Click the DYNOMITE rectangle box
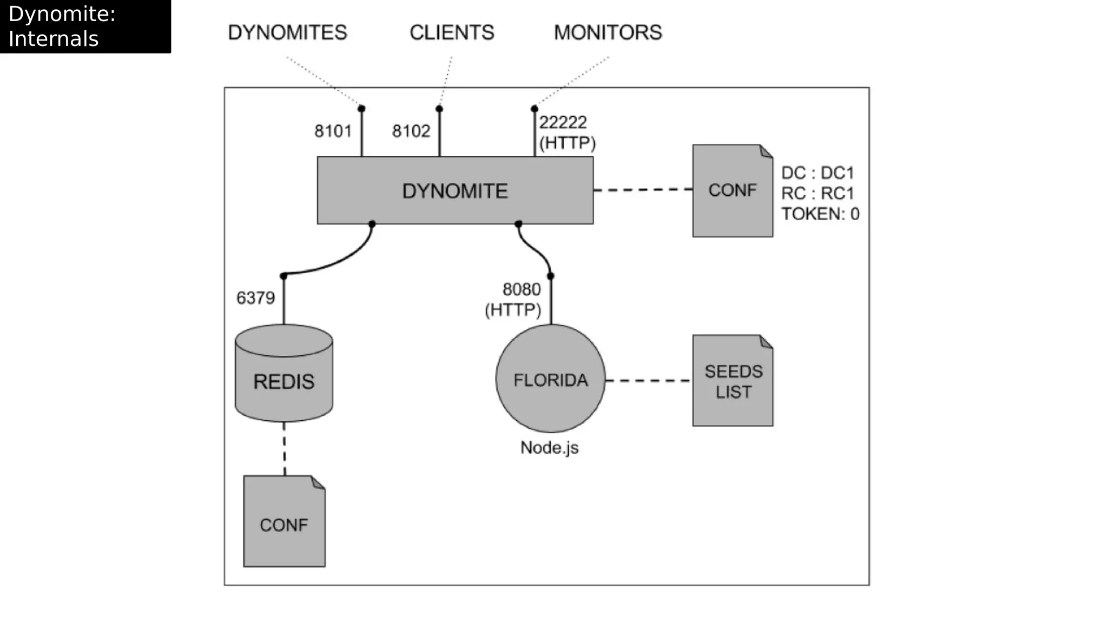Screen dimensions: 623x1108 click(x=455, y=190)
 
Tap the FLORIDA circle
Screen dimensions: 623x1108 click(x=550, y=379)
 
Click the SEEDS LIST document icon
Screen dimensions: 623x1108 click(x=733, y=381)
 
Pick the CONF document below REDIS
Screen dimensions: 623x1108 click(x=284, y=522)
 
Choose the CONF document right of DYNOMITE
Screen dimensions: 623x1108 click(x=733, y=190)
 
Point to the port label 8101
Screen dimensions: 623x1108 click(x=333, y=131)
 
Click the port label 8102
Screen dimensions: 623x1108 click(x=411, y=131)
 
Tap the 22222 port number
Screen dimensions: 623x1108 click(x=563, y=123)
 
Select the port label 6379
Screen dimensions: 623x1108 click(x=255, y=298)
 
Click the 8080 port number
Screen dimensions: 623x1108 click(x=522, y=289)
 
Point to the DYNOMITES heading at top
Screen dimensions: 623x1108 click(x=287, y=32)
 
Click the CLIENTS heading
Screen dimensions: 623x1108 click(x=452, y=32)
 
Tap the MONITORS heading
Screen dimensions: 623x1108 click(x=608, y=32)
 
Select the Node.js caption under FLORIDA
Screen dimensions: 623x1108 click(x=549, y=448)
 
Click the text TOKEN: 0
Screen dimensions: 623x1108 click(x=820, y=214)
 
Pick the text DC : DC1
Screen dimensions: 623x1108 click(x=817, y=173)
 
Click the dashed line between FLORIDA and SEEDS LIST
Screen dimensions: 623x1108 click(x=648, y=381)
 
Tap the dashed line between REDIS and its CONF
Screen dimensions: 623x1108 click(x=285, y=449)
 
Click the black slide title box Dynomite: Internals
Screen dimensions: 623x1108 click(x=85, y=26)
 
